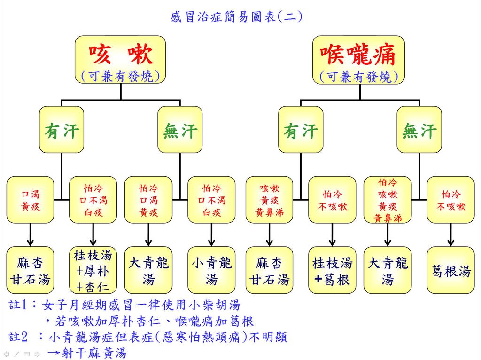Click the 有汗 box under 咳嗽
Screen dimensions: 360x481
pyautogui.click(x=62, y=130)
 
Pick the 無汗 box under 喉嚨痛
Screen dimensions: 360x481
pyautogui.click(x=419, y=130)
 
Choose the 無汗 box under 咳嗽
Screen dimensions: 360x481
pyautogui.click(x=180, y=130)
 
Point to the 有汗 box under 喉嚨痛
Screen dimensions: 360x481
pyautogui.click(x=301, y=130)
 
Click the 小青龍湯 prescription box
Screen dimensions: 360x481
pyautogui.click(x=211, y=271)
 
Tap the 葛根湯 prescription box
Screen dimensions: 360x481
pyautogui.click(x=450, y=271)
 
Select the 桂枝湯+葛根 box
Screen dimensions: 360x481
pyautogui.click(x=332, y=271)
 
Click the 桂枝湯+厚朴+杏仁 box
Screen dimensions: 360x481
pyautogui.click(x=93, y=271)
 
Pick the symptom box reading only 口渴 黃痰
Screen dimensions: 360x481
pyautogui.click(x=31, y=200)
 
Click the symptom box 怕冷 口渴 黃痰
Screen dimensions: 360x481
pyautogui.click(x=148, y=200)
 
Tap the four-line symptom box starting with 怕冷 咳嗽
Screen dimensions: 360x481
pyautogui.click(x=388, y=200)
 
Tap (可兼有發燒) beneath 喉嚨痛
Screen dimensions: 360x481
pyautogui.click(x=358, y=77)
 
